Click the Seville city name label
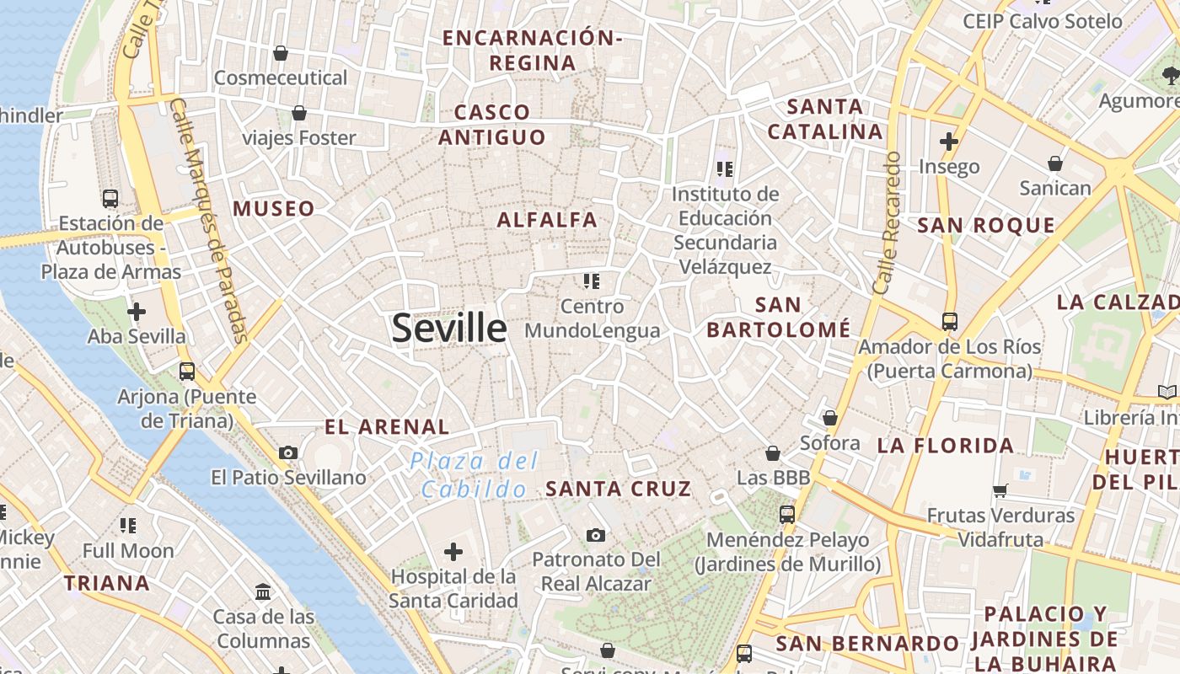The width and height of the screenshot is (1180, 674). [449, 328]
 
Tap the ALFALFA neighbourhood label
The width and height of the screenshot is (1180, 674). [547, 220]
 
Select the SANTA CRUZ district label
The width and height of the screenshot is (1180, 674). [618, 489]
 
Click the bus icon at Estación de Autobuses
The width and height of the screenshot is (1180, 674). [110, 199]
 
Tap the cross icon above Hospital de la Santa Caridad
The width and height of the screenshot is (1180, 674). [453, 552]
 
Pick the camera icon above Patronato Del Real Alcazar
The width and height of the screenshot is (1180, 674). [596, 535]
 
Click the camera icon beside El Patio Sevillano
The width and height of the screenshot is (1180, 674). [288, 452]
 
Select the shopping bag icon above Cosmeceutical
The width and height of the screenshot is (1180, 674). [281, 53]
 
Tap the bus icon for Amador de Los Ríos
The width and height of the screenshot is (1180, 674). [950, 321]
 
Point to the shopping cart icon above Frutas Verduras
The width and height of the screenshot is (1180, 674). [1000, 489]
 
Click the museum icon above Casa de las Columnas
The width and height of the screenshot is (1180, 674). [263, 592]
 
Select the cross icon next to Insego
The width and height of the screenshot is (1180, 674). [949, 142]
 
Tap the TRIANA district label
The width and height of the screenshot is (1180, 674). [107, 583]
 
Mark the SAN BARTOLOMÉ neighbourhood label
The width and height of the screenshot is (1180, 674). [778, 317]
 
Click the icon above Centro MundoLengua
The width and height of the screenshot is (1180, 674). [592, 281]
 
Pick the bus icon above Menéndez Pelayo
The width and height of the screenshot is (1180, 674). [787, 514]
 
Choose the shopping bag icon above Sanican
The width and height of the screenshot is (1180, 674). [1055, 163]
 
